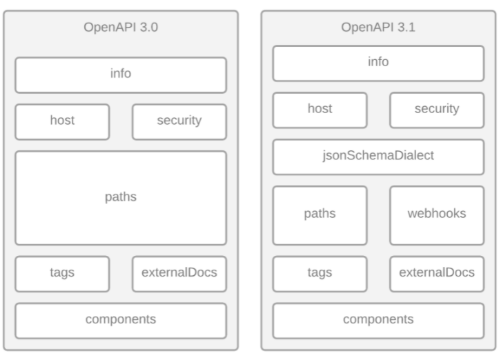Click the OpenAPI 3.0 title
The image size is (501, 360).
pos(121,28)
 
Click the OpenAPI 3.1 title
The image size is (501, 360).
pos(378,28)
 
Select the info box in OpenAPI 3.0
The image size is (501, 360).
pos(121,74)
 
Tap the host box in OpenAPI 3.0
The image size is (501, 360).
pos(62,121)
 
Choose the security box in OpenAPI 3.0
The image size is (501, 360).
pos(179,121)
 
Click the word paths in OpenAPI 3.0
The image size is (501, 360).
pos(121,197)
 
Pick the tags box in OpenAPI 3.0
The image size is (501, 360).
pos(62,273)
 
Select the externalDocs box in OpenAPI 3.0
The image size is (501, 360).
pos(179,273)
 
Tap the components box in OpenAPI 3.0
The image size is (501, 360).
pos(121,320)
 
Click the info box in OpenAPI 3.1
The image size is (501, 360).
pos(378,63)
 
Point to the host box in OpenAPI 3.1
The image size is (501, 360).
pos(320,110)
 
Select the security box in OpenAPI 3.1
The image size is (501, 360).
pos(436,110)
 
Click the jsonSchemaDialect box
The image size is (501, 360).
pos(378,157)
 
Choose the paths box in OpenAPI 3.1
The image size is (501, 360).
pos(320,214)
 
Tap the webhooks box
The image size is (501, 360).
pos(436,214)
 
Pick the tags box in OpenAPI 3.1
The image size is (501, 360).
pos(320,273)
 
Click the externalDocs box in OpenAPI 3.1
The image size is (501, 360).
pos(436,273)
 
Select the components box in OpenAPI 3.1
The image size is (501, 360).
pos(378,320)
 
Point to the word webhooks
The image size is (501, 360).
pos(436,214)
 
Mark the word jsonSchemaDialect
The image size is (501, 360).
pos(378,156)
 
